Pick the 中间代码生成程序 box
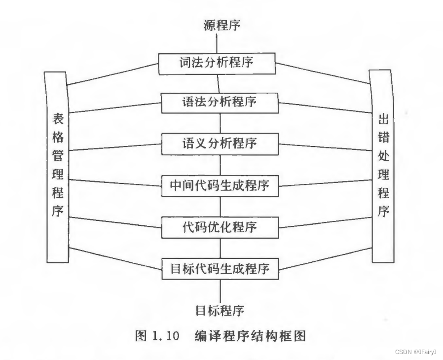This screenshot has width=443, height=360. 220,186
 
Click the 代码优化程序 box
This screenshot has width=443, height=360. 219,228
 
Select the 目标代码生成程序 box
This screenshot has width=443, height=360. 220,269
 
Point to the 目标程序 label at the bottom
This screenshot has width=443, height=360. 220,310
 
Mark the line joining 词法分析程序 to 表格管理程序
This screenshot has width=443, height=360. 113,74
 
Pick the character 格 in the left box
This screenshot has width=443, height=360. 58,137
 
